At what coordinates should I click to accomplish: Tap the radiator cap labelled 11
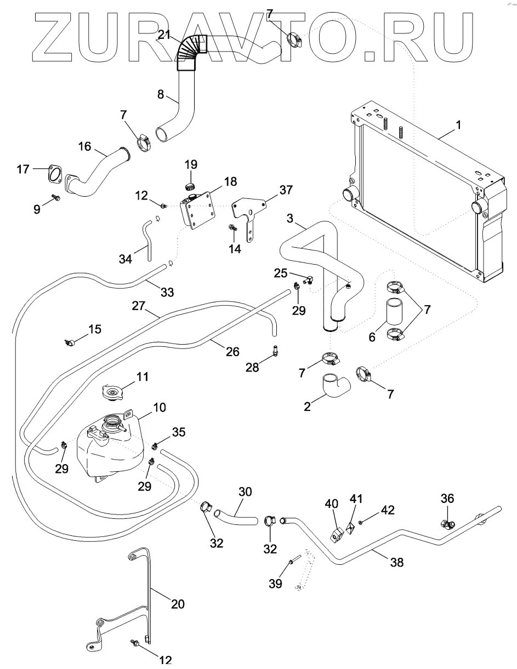point(113,392)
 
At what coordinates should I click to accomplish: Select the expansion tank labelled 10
point(110,447)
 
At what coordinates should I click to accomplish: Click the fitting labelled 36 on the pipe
point(448,524)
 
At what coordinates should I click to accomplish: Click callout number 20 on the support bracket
point(177,604)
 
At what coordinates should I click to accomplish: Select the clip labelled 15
point(70,342)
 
